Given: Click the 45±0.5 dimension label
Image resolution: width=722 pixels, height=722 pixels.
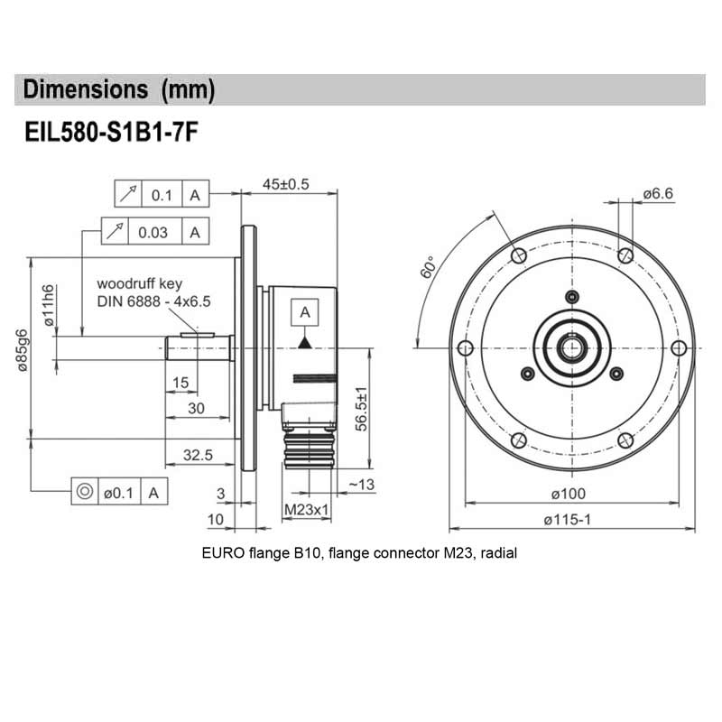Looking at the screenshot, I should pyautogui.click(x=285, y=184).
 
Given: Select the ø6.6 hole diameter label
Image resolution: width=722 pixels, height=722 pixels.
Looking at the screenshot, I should pyautogui.click(x=658, y=193).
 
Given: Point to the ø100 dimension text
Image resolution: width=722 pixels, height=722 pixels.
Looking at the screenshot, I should pyautogui.click(x=571, y=493).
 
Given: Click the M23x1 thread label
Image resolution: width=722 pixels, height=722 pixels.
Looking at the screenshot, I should pyautogui.click(x=306, y=511).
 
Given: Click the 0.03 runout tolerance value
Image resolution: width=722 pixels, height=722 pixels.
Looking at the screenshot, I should pyautogui.click(x=153, y=232).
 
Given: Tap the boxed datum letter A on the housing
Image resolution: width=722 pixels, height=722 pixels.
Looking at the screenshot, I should pyautogui.click(x=305, y=312).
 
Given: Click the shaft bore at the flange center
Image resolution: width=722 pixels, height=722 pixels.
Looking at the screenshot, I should pyautogui.click(x=570, y=347).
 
